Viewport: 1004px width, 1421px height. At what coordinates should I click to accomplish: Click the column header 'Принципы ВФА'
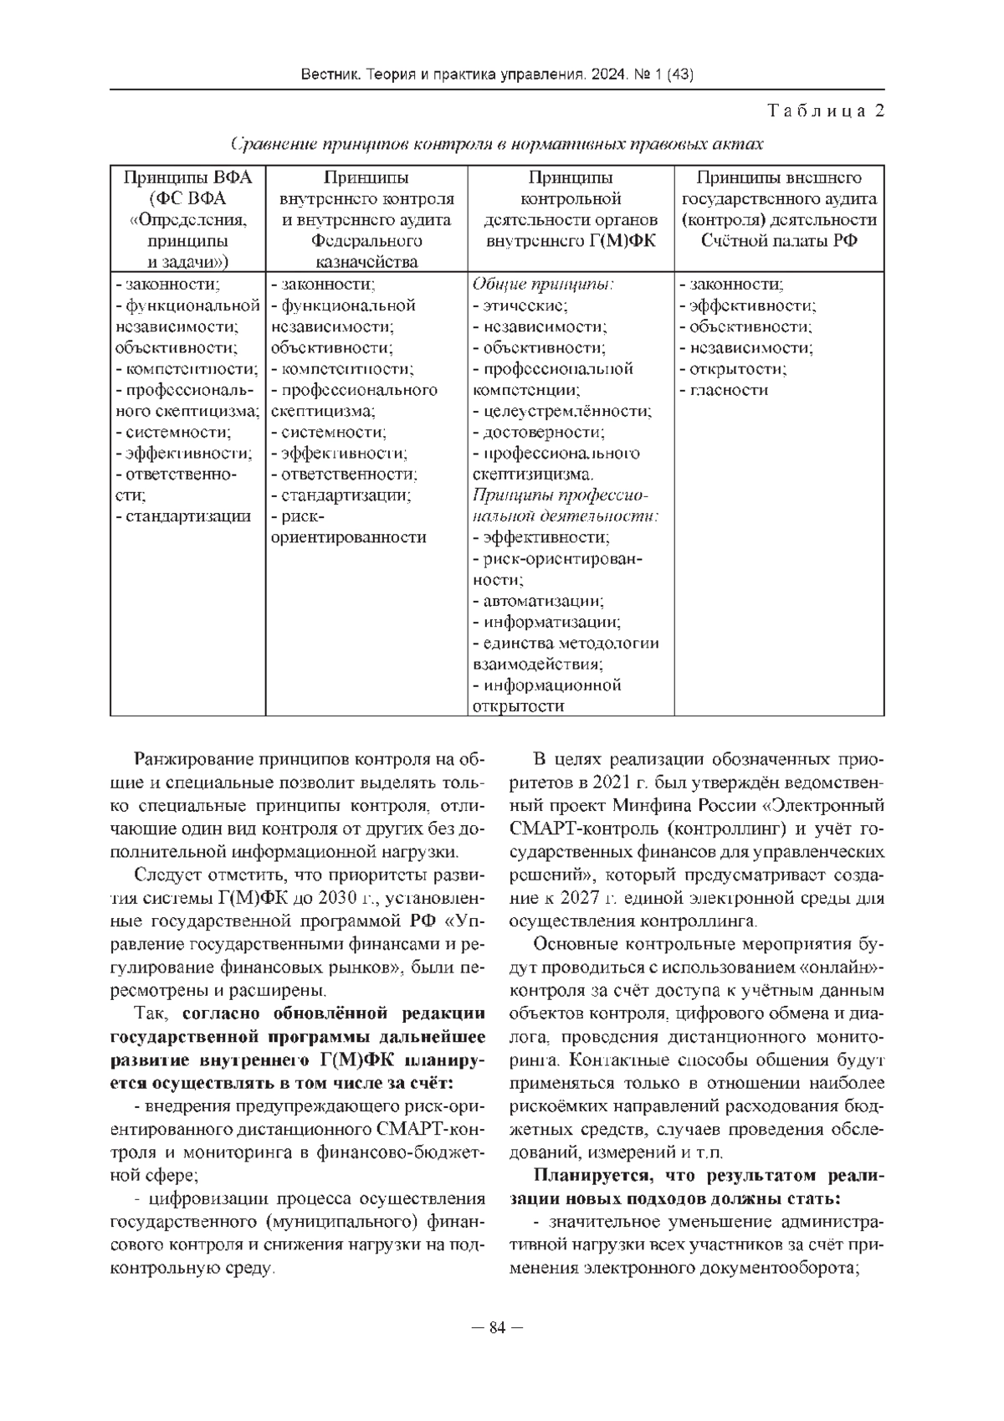click(187, 177)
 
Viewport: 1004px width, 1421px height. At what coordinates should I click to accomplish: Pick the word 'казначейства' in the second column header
click(366, 262)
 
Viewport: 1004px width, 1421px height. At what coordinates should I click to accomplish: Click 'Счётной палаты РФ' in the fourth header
click(779, 241)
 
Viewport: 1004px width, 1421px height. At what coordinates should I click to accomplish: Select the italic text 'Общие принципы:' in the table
click(543, 285)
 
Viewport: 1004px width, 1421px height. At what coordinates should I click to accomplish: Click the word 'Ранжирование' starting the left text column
click(190, 761)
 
